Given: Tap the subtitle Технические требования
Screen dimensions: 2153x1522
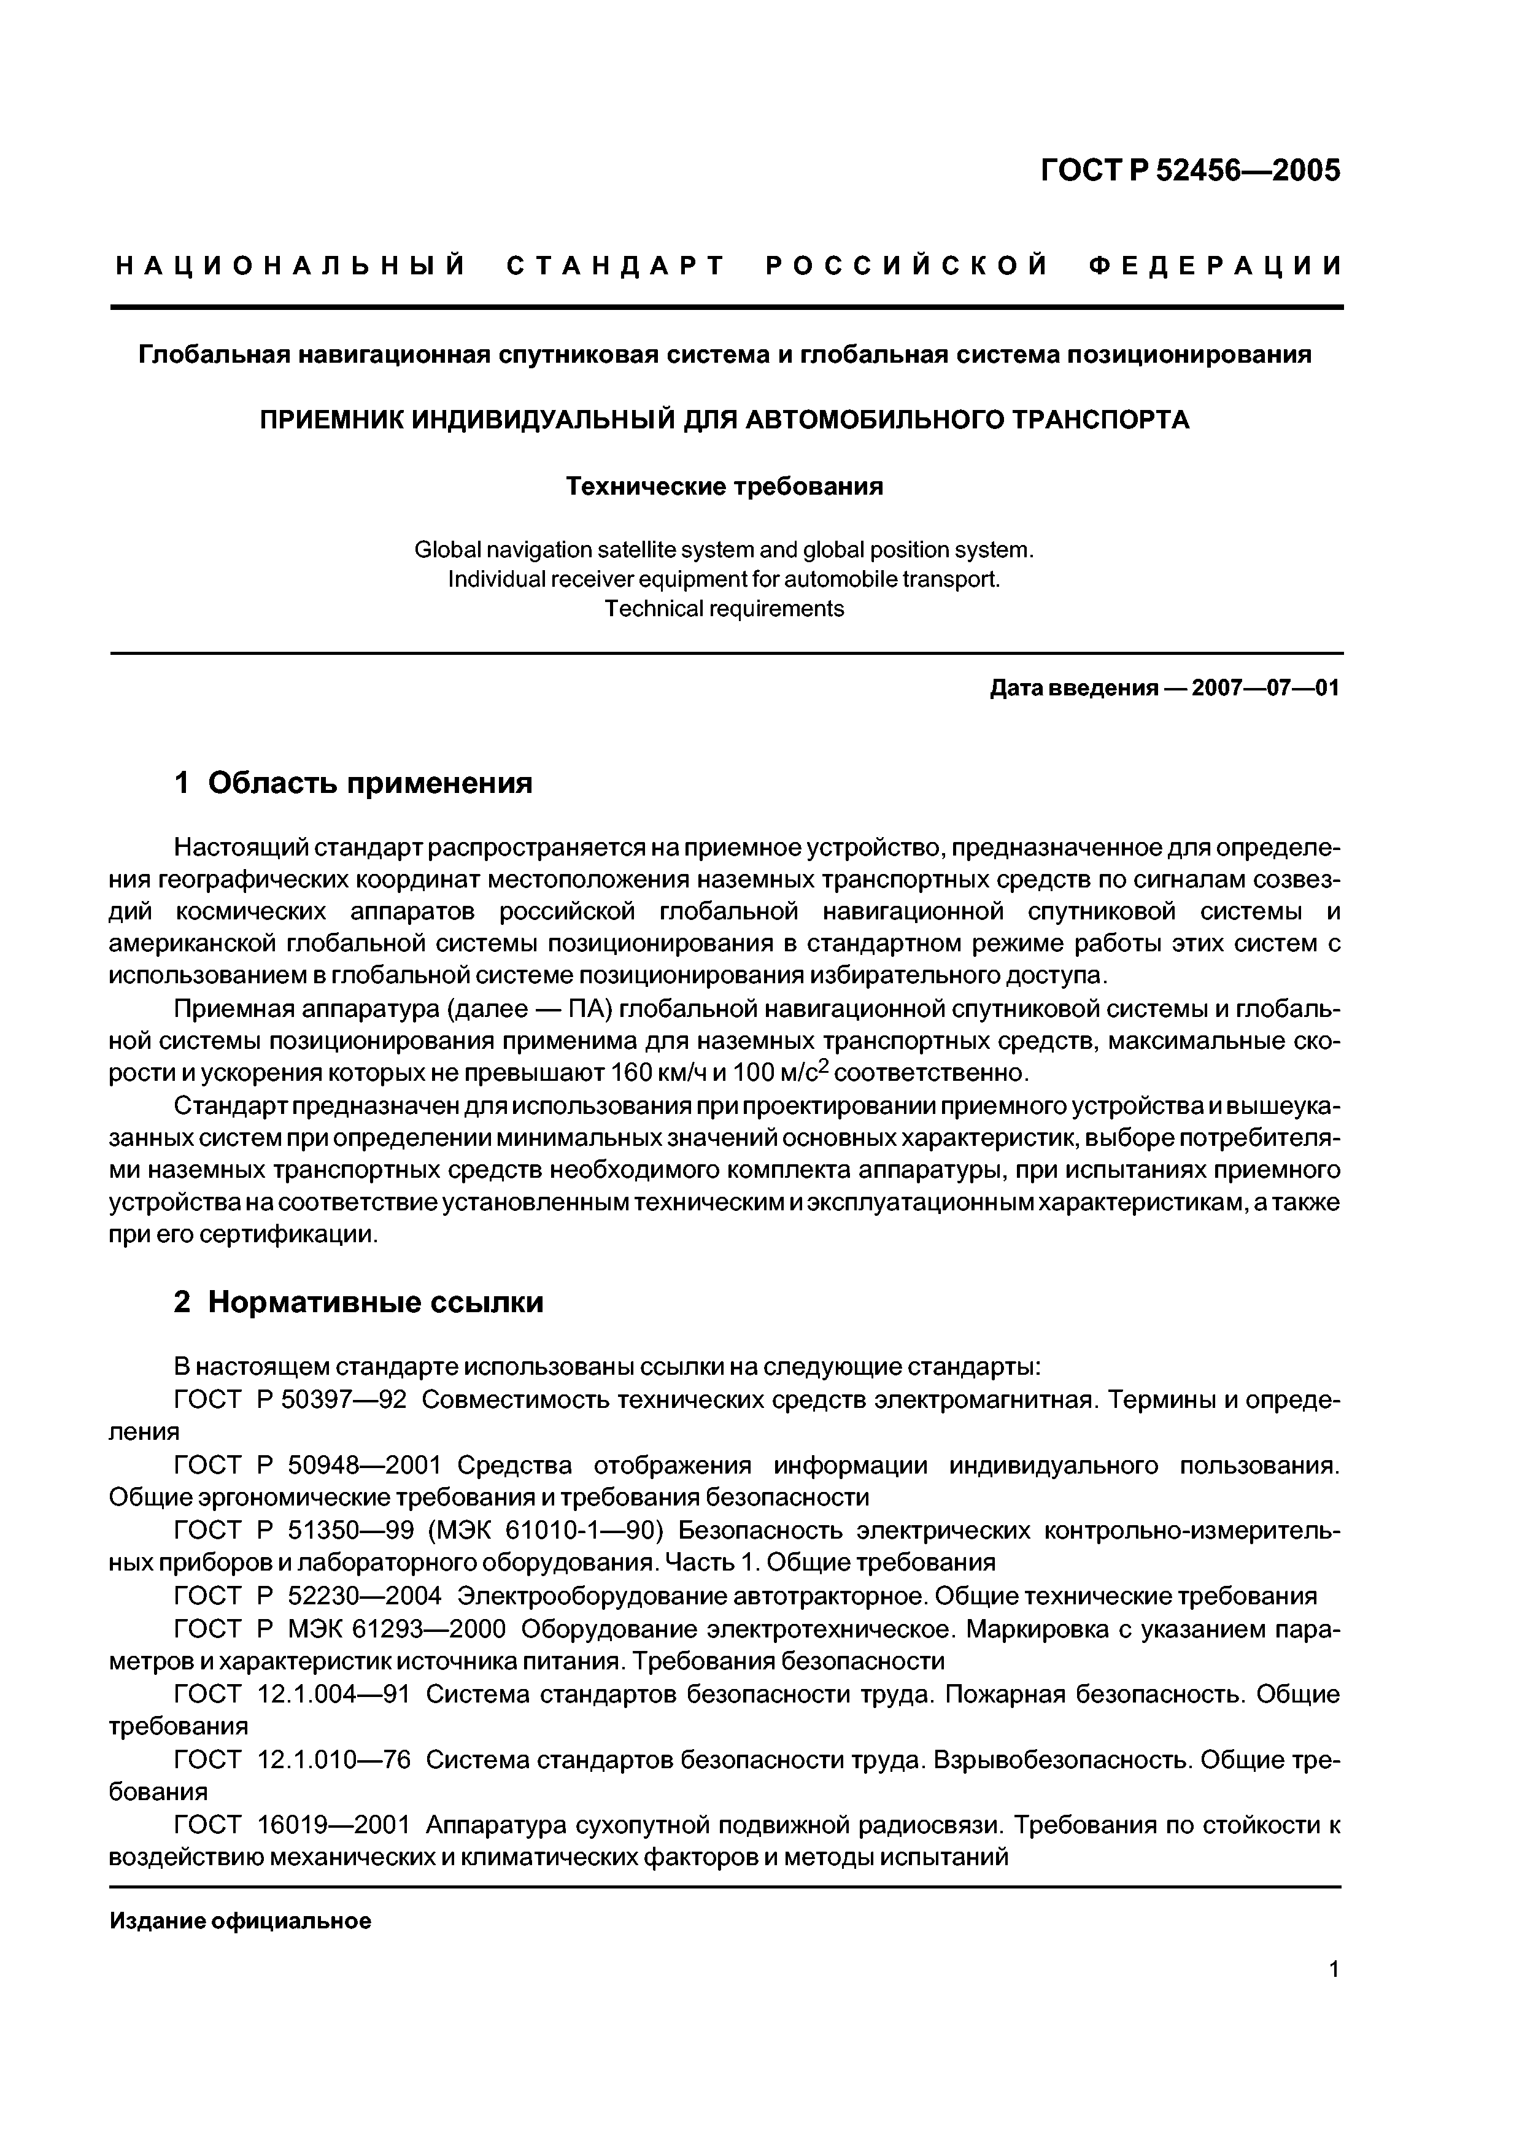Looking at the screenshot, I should point(724,487).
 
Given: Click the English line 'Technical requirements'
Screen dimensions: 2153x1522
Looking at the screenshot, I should point(724,609).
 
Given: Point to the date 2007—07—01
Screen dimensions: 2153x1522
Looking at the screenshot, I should point(1265,688).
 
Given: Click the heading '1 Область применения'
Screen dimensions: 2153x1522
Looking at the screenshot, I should point(353,782).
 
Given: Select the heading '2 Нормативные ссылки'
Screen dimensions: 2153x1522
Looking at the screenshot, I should point(358,1302).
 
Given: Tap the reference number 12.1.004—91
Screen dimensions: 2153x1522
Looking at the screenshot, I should point(334,1695).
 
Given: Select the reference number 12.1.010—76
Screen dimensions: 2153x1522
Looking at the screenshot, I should point(334,1760).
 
